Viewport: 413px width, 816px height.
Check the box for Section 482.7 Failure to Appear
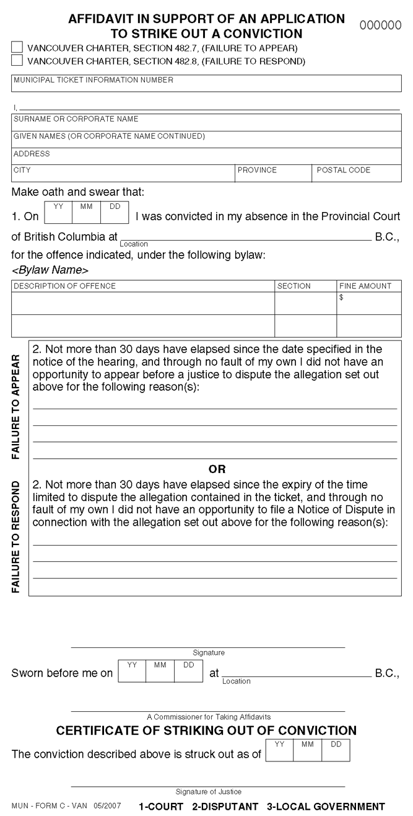pos(17,47)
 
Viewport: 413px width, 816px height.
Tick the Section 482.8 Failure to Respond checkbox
pos(17,60)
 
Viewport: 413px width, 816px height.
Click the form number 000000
pos(380,25)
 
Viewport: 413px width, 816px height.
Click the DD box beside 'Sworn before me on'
pos(188,672)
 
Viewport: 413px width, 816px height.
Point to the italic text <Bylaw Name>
pos(50,270)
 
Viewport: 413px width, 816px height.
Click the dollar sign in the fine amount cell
pos(341,298)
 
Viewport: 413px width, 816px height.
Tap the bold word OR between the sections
pos(217,469)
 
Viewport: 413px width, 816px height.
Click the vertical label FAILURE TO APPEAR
pos(17,407)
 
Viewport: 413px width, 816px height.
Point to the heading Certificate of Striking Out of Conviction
pos(206,730)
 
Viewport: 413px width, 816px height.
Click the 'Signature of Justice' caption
pos(208,792)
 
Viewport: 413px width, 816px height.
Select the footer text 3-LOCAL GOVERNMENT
pos(326,807)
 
